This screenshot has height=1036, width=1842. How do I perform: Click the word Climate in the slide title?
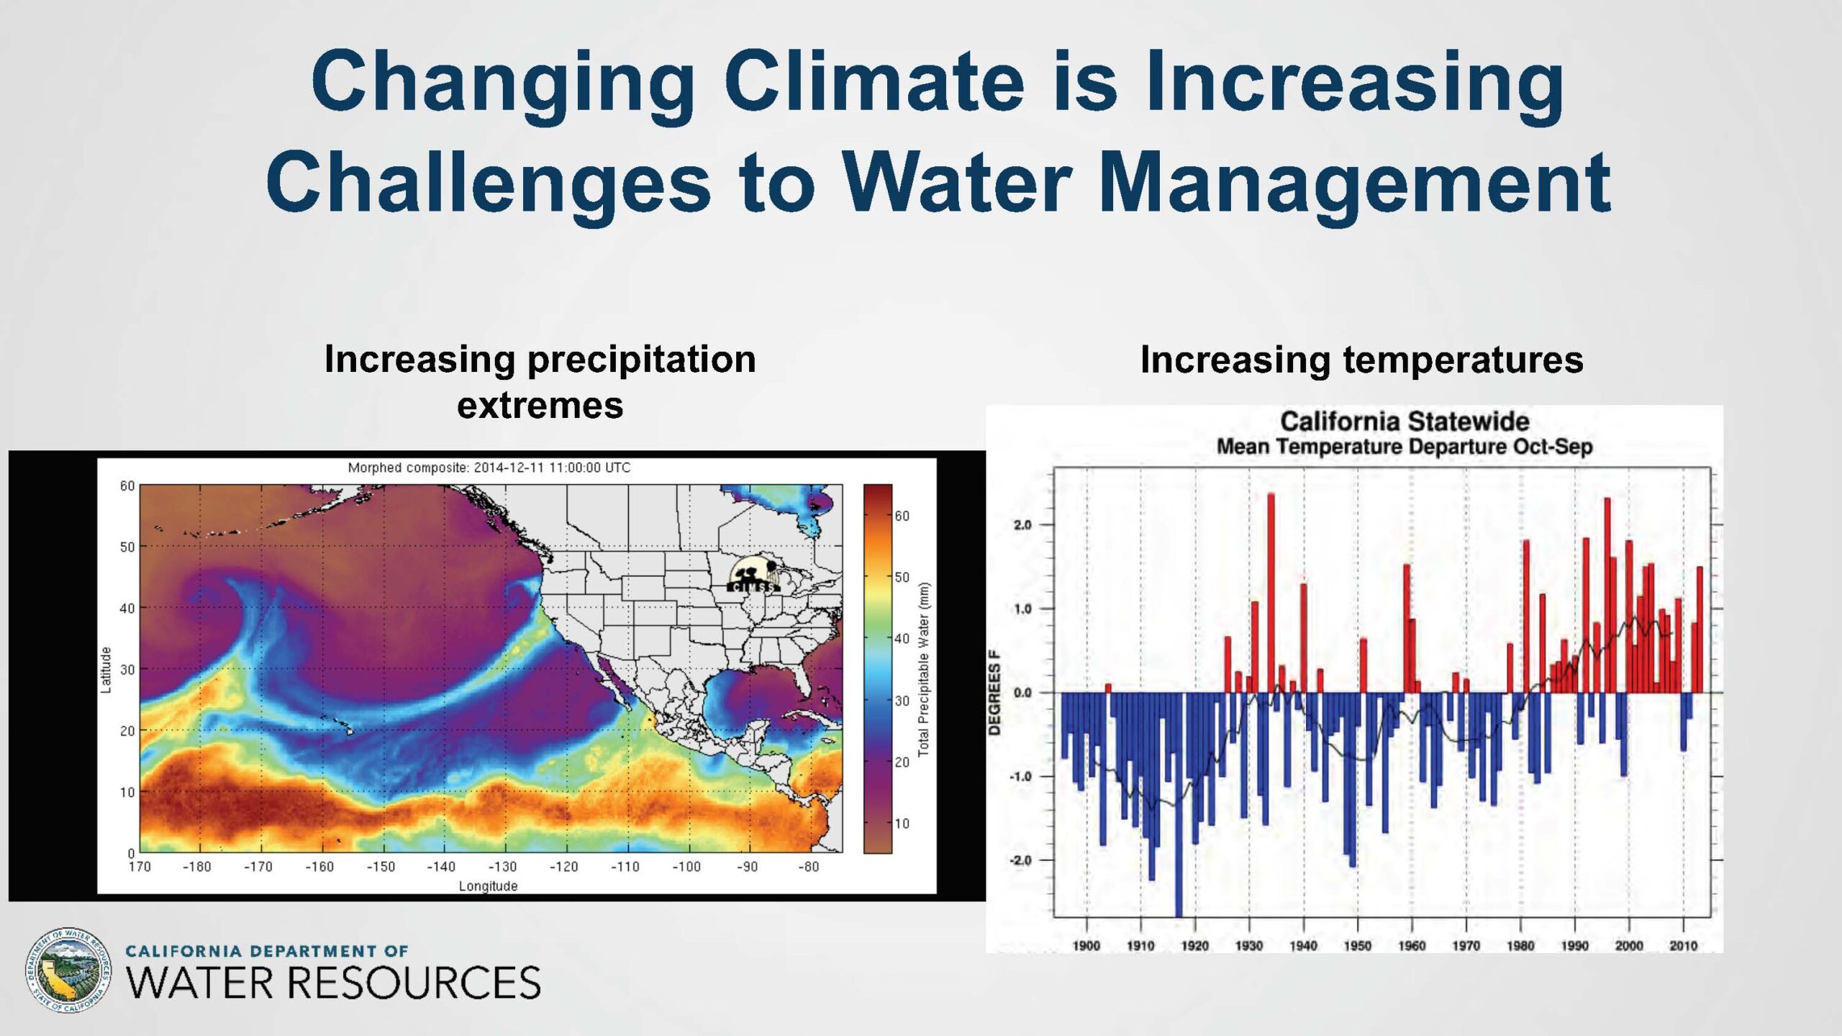pyautogui.click(x=874, y=81)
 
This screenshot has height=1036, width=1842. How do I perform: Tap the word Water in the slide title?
pyautogui.click(x=958, y=181)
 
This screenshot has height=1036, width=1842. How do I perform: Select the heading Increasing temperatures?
pyautogui.click(x=1362, y=360)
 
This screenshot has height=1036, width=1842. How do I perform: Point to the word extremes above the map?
pyautogui.click(x=540, y=406)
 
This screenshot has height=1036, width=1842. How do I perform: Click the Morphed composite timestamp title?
pyautogui.click(x=489, y=468)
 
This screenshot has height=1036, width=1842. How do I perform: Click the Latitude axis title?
pyautogui.click(x=106, y=670)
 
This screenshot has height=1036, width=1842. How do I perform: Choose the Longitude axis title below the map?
pyautogui.click(x=489, y=886)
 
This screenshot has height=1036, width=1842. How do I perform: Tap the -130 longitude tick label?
pyautogui.click(x=502, y=867)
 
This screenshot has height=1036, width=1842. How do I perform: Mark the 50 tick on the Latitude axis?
pyautogui.click(x=127, y=547)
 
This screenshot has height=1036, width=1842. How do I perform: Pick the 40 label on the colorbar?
pyautogui.click(x=902, y=639)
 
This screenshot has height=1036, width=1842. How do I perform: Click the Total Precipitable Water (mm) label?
pyautogui.click(x=924, y=669)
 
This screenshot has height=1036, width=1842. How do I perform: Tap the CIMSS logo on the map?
pyautogui.click(x=753, y=576)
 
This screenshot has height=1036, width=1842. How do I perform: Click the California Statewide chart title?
pyautogui.click(x=1405, y=421)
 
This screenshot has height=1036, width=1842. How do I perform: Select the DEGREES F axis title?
pyautogui.click(x=994, y=693)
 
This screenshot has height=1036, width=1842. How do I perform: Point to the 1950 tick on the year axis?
pyautogui.click(x=1357, y=946)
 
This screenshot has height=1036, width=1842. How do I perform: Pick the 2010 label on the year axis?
pyautogui.click(x=1683, y=946)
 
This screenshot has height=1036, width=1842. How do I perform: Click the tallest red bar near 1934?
pyautogui.click(x=1271, y=593)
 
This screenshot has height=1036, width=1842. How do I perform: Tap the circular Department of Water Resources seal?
pyautogui.click(x=68, y=971)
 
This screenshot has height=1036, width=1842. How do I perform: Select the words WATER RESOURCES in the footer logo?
pyautogui.click(x=333, y=983)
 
